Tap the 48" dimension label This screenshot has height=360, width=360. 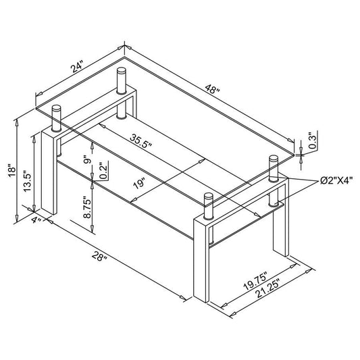coord(213,89)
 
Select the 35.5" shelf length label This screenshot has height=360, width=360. coord(141,141)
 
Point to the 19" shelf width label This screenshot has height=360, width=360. coord(139,183)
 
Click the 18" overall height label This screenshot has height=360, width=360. coord(12,170)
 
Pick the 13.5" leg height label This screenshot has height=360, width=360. coord(27,181)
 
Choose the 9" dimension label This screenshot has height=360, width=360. coord(88,159)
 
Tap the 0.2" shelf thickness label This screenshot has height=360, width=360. coord(104,170)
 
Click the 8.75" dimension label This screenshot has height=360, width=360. coord(88,207)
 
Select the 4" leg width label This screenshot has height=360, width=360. coord(36,220)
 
